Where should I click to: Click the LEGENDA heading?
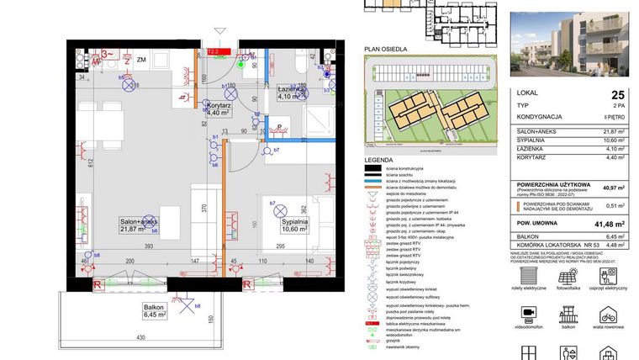click(x=378, y=160)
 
